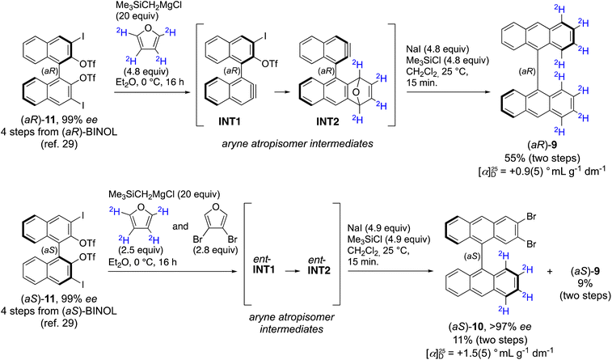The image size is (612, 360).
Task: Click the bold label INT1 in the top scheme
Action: click(230, 122)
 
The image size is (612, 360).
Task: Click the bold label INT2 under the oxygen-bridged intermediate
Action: click(327, 122)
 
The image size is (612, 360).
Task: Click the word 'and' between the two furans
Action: click(180, 227)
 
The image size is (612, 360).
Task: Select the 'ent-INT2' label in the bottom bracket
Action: click(319, 265)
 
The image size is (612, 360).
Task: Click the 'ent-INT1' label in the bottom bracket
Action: click(264, 265)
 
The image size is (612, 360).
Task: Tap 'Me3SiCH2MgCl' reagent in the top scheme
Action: click(137, 6)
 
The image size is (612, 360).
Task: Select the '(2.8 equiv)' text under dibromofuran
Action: click(215, 250)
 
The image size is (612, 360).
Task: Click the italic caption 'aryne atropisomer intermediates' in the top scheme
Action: click(298, 144)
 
